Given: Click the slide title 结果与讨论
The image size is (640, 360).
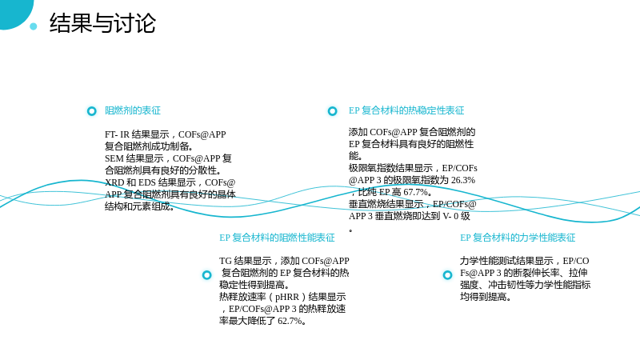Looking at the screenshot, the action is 102,23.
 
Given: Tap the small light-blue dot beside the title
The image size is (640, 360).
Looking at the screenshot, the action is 34,26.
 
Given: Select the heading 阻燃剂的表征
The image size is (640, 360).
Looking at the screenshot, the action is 133,110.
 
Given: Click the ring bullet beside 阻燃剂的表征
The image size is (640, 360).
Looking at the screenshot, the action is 92,111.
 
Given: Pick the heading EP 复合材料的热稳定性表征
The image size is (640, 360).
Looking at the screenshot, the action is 406,110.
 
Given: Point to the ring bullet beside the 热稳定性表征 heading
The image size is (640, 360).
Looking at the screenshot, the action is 333,111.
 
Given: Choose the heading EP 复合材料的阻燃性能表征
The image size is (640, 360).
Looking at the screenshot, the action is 277,238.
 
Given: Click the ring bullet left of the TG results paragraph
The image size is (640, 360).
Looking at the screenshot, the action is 207,275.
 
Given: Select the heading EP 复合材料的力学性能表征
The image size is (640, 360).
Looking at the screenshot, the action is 518,238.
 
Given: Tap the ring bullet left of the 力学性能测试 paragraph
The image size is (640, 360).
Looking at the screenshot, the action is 448,275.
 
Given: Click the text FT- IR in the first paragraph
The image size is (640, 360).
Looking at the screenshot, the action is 117,134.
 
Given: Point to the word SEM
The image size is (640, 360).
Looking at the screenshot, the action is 114,158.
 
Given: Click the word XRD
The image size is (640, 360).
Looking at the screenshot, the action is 114,182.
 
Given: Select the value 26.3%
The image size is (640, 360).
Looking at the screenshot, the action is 463,180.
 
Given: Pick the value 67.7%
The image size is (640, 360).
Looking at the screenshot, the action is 415,192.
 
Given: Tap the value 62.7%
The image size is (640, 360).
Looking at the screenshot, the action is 290,321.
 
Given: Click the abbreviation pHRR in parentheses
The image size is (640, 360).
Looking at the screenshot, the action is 287,297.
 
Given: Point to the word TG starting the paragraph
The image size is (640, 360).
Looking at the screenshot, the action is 226,261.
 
